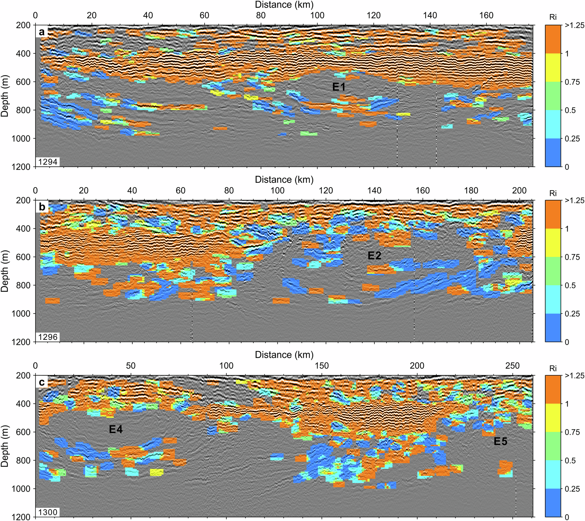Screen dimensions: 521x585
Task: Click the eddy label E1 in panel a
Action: pos(338,87)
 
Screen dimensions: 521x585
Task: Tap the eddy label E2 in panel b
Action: pos(374,256)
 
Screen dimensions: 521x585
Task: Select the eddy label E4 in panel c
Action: pos(116,429)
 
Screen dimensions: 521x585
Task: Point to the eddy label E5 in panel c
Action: pos(500,441)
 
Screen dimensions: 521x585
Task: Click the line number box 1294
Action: pos(48,162)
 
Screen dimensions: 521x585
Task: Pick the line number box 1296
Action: pos(48,337)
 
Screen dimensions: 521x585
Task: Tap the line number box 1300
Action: pos(48,512)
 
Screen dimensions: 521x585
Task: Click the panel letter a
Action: pos(42,32)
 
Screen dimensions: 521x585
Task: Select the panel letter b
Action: pos(42,207)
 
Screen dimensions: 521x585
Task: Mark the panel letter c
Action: pos(42,382)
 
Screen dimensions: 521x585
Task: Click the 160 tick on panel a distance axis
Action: pos(486,15)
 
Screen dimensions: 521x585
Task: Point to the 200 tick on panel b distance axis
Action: pos(519,190)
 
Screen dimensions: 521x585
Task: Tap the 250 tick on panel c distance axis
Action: pos(512,366)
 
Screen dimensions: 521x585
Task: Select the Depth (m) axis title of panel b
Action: pos(5,271)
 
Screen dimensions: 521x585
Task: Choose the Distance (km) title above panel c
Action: pos(284,355)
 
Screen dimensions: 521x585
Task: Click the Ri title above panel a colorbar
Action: pos(553,17)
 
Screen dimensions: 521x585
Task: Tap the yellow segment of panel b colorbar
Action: pos(553,243)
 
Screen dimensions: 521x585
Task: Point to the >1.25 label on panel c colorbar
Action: pos(574,376)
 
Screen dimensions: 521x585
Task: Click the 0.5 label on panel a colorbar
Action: pos(570,110)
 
